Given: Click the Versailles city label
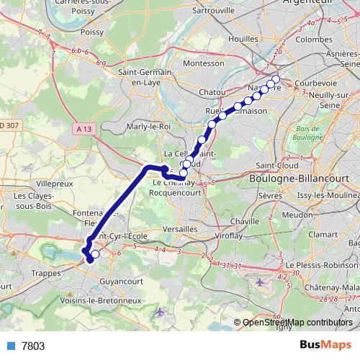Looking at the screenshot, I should [x=180, y=228].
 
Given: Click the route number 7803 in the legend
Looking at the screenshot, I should [x=33, y=346].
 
